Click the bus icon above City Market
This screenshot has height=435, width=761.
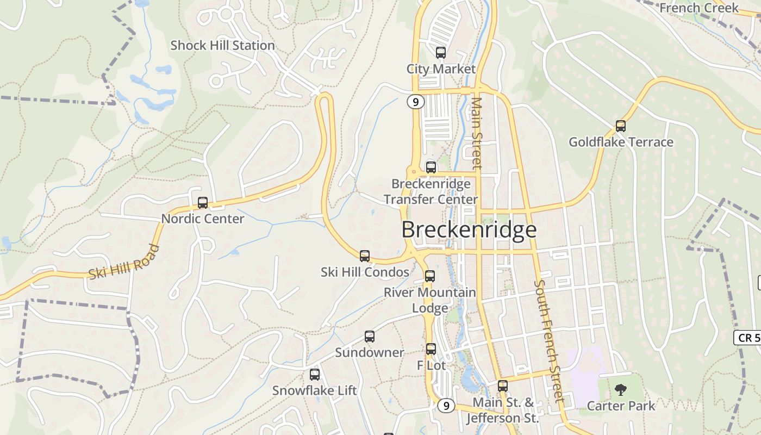click(441, 53)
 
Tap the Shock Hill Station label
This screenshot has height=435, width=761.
click(222, 46)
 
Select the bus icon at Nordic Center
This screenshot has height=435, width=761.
click(203, 203)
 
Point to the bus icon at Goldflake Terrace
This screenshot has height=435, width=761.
click(621, 126)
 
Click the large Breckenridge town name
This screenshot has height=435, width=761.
click(469, 230)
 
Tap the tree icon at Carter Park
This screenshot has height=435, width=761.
click(620, 389)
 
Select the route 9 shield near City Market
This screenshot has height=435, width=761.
click(415, 102)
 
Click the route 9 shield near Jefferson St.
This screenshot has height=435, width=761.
click(446, 405)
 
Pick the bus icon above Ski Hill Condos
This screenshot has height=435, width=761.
click(365, 256)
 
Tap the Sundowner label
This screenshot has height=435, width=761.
click(369, 352)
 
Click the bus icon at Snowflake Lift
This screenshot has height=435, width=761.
click(315, 374)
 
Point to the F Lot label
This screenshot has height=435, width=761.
click(431, 365)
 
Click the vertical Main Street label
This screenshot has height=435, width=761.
click(476, 133)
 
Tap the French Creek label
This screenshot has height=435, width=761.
click(699, 8)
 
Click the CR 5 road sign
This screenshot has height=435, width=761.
click(748, 338)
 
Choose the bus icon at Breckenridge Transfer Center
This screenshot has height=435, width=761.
click(431, 167)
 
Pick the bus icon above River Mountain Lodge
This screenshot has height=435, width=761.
click(430, 276)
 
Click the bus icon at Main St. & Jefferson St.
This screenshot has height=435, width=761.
click(503, 386)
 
